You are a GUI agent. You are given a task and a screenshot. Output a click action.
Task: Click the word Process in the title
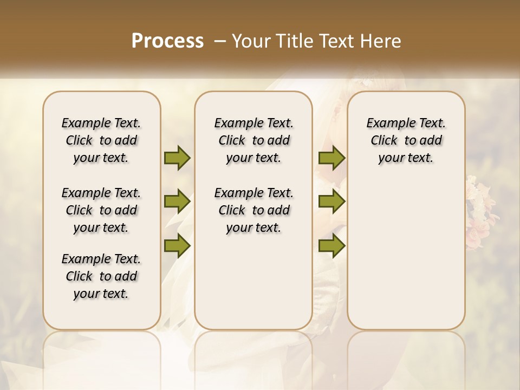(x=167, y=41)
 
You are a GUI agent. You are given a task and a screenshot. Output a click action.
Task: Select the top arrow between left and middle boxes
(x=177, y=158)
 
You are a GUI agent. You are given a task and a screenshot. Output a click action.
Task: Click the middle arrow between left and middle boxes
(x=177, y=202)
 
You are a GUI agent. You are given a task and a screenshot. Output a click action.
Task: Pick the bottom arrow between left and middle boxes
(x=177, y=245)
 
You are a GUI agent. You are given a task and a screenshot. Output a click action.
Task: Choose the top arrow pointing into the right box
(x=331, y=158)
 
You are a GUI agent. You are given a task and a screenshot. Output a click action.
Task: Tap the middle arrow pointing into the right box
(x=331, y=202)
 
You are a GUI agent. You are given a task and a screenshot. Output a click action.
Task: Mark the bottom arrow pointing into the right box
(x=331, y=245)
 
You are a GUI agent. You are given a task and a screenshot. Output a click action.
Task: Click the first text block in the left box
(x=101, y=140)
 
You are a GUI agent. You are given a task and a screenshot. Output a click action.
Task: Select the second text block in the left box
(x=101, y=210)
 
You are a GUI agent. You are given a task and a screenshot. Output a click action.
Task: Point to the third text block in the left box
(x=101, y=276)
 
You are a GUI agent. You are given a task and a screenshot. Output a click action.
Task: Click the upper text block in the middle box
(x=253, y=140)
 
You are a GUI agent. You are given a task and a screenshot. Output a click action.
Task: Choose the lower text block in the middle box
(x=253, y=210)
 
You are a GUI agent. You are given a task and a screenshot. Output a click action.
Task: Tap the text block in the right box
(x=406, y=140)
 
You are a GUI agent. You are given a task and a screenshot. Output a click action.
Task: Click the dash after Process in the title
(x=220, y=41)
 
